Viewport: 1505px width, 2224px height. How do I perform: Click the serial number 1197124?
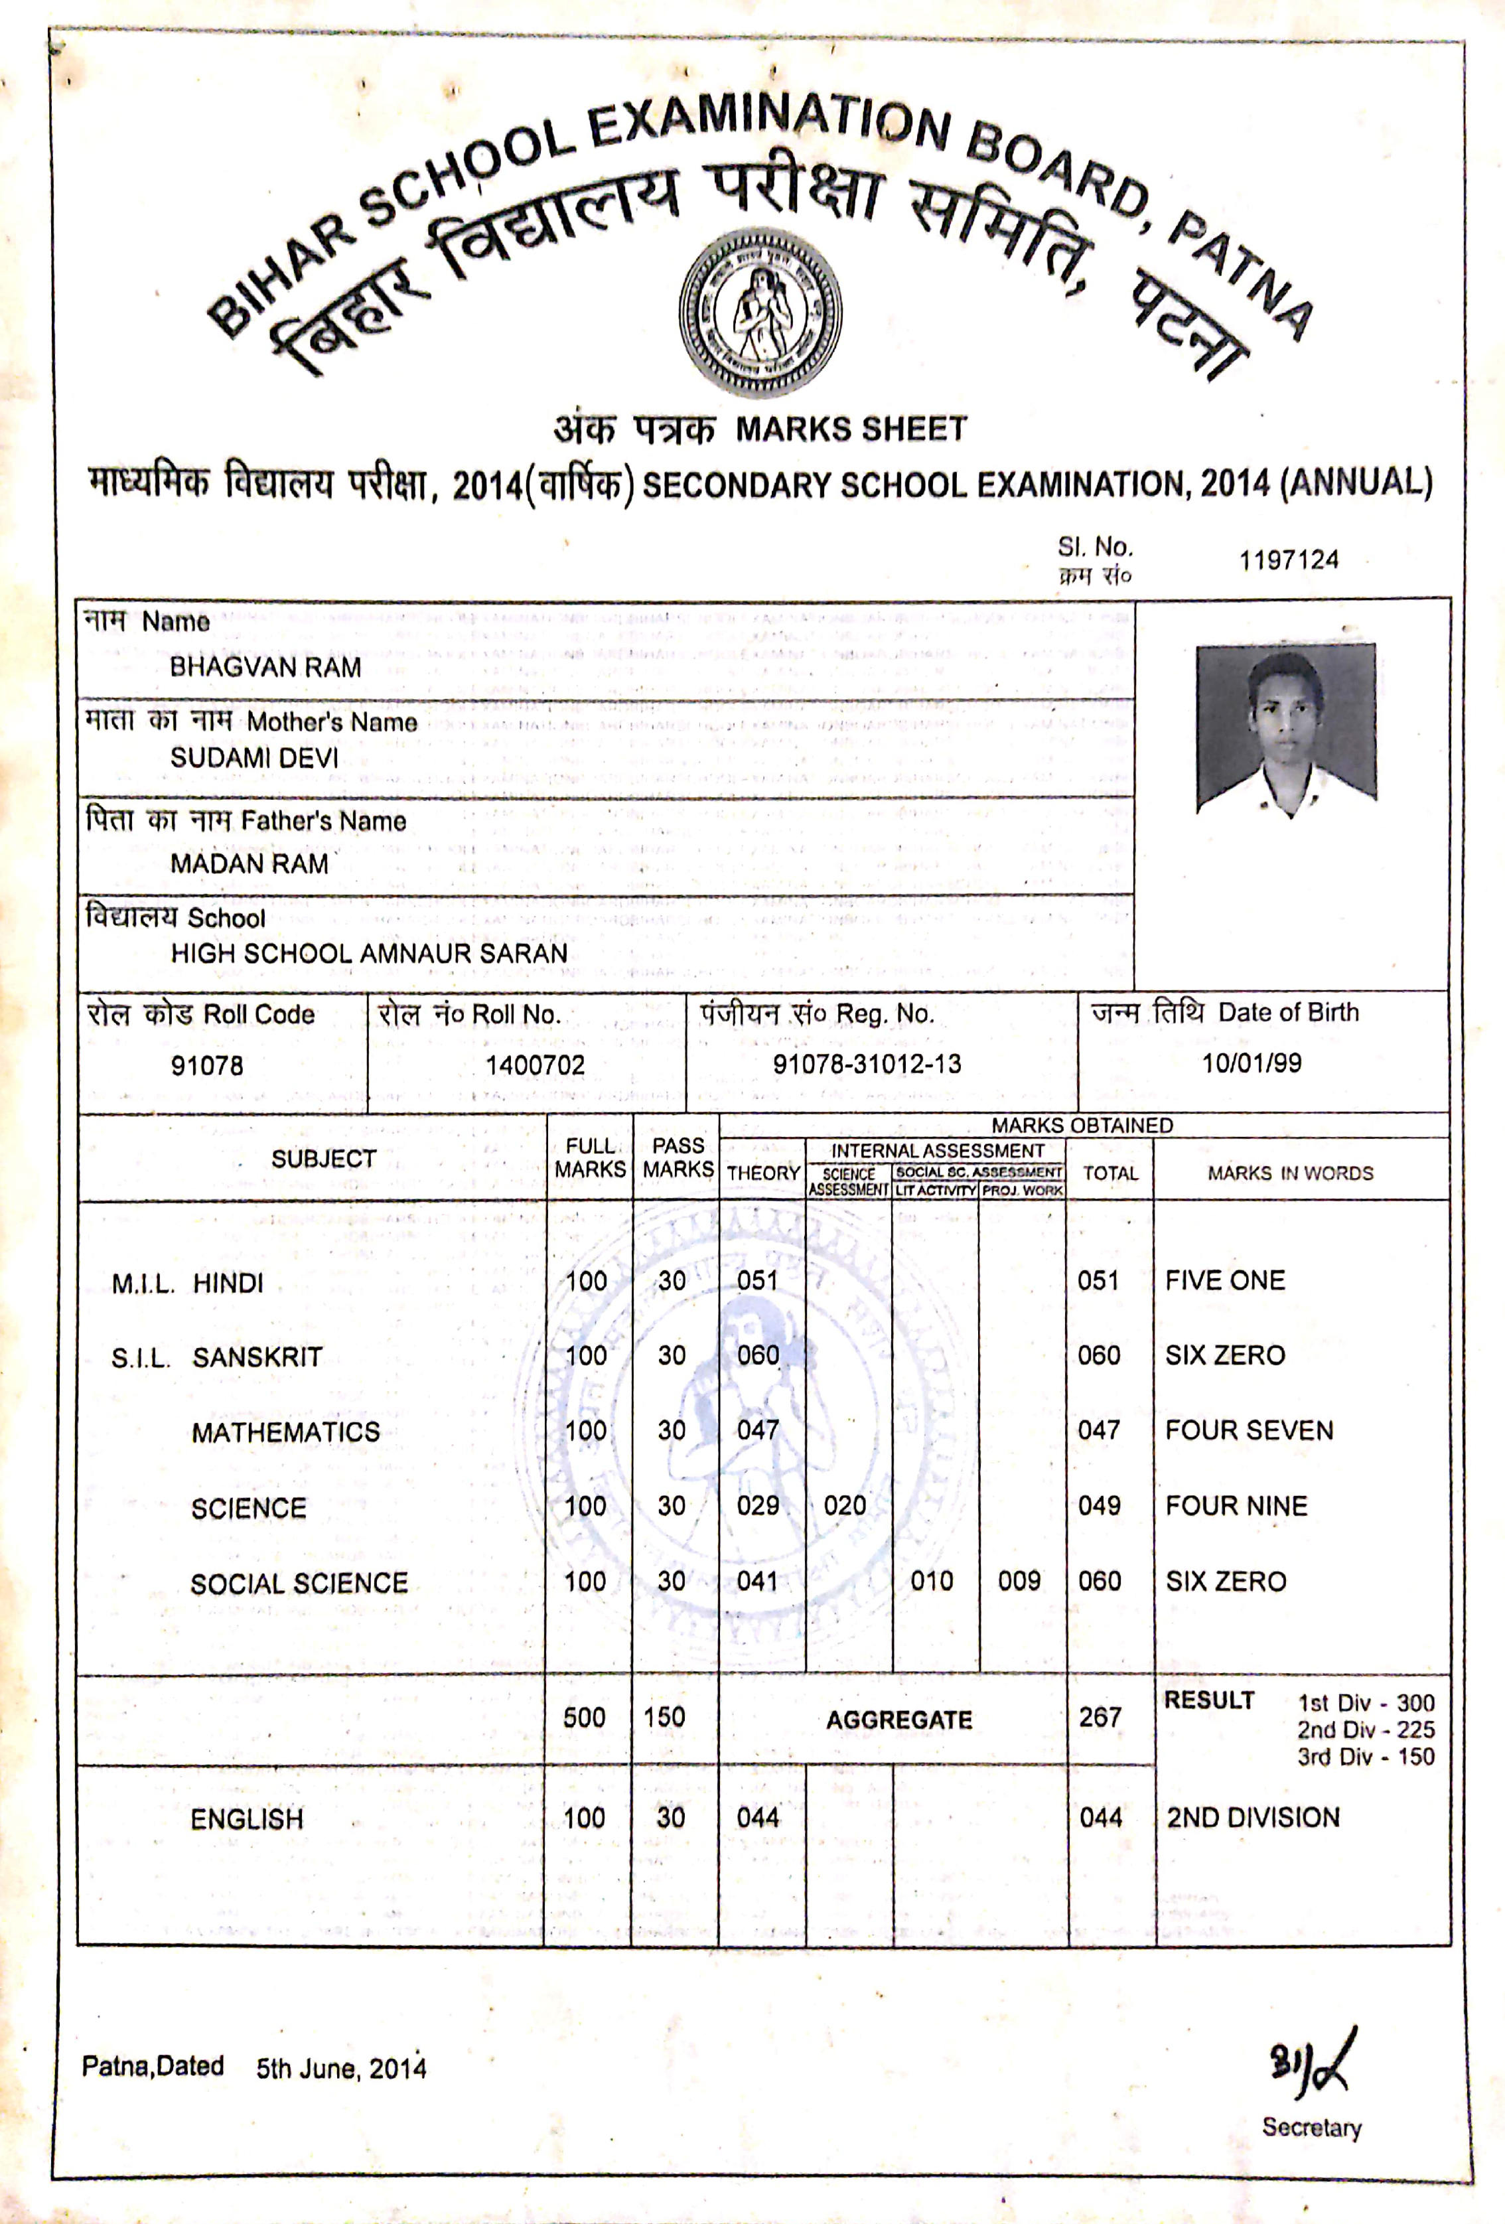tap(1288, 560)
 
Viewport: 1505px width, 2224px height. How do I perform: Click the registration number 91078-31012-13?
tap(867, 1064)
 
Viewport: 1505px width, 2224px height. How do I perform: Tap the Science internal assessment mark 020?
tap(845, 1505)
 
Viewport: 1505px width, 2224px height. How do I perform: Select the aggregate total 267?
tap(1100, 1717)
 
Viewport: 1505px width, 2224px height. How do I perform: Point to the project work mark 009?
tap(1019, 1581)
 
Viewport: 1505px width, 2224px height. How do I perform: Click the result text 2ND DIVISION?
tap(1252, 1817)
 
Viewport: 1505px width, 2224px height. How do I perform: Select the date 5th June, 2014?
tap(340, 2069)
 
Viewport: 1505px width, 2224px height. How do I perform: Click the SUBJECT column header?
tap(323, 1159)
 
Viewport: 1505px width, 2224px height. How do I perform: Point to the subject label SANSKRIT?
tap(257, 1357)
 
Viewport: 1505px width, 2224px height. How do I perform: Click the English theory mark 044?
tap(758, 1817)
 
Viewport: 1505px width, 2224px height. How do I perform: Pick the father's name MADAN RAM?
tap(249, 863)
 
